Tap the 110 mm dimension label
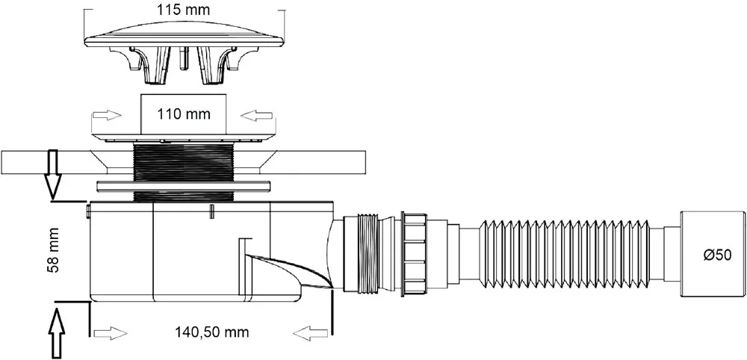[184, 115]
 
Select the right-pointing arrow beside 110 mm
[106, 115]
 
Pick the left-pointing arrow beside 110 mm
[257, 115]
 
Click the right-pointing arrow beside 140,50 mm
[111, 333]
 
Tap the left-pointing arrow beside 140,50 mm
[309, 333]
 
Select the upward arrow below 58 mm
[57, 334]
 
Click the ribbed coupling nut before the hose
[414, 255]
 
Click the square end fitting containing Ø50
[713, 255]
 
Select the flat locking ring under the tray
[184, 185]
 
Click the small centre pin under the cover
[184, 58]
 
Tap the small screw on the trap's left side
[87, 211]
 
